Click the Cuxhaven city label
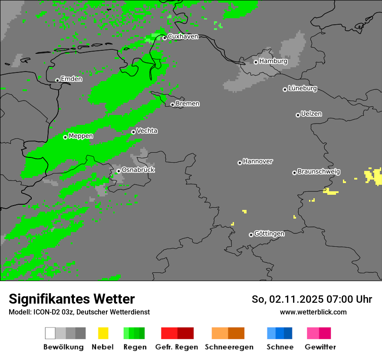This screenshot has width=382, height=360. point(183,37)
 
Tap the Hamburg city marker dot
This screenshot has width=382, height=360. point(256,62)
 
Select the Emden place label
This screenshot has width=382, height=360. point(71,79)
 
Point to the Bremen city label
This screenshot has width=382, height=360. point(188,104)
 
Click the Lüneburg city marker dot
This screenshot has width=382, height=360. point(285,89)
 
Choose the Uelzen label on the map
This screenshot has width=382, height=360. point(311,114)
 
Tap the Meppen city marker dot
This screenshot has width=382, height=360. point(65,137)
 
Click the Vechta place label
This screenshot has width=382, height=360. point(147,131)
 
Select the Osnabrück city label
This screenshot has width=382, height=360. point(138,170)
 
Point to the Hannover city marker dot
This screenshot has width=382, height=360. point(240,163)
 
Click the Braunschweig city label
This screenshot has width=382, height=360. point(319,172)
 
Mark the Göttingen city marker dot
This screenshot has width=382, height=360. point(251,235)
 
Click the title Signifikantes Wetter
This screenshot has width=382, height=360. point(72,299)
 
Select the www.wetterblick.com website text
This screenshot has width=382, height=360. point(313,312)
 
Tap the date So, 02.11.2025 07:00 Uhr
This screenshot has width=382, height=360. point(312,299)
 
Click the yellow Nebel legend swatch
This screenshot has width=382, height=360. point(103,333)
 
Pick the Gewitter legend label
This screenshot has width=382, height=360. point(320,347)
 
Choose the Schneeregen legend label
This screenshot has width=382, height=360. point(229,347)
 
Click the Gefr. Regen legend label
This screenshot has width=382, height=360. point(177,347)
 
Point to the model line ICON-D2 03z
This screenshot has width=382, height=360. point(79,312)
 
